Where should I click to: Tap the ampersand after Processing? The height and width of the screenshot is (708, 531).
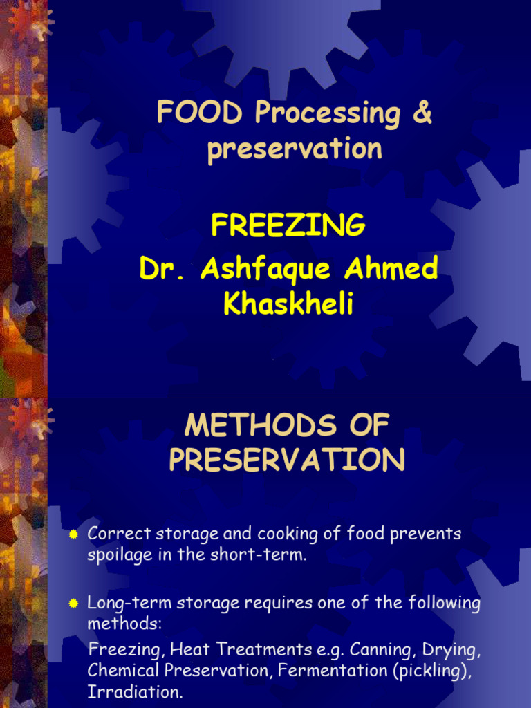coord(421,114)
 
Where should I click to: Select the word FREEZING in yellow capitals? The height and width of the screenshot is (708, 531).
coord(288,225)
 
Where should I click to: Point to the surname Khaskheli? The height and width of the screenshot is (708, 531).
coord(288,304)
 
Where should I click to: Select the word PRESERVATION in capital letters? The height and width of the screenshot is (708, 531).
coord(288,460)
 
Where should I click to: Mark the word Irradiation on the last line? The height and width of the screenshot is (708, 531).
coord(135,691)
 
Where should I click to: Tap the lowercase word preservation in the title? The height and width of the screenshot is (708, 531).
coord(295,149)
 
